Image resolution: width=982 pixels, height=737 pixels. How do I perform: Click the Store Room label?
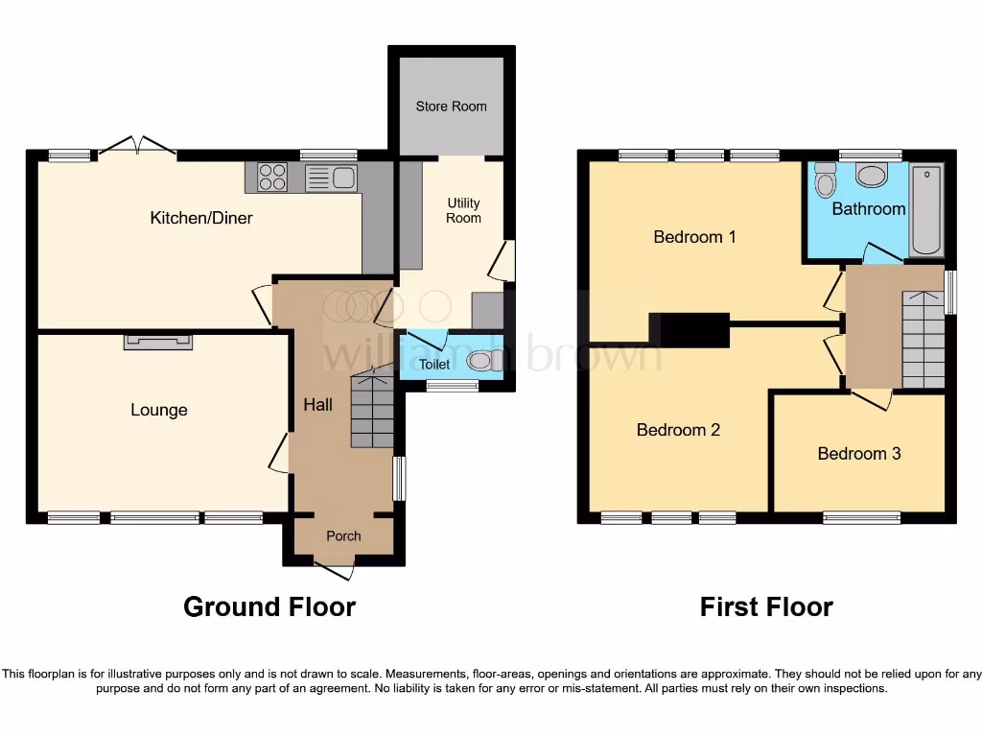[451, 107]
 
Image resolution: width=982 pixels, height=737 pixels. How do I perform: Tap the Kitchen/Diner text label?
[201, 218]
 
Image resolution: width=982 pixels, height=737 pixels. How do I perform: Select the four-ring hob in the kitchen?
[272, 178]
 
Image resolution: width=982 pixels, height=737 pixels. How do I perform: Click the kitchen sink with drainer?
[331, 178]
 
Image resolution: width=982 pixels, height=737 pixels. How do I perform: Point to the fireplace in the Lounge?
[157, 340]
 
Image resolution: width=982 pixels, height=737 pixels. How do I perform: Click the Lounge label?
[159, 411]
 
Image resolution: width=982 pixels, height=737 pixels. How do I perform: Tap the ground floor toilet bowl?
[480, 361]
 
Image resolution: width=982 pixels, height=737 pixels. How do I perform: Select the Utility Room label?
[463, 210]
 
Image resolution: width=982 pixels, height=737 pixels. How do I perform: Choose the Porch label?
[343, 535]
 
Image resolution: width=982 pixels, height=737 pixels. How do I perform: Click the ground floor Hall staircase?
[371, 413]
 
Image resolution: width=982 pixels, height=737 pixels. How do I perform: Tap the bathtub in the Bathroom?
[926, 211]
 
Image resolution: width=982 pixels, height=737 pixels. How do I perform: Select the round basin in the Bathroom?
[872, 176]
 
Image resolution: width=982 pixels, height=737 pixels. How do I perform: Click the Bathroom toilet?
[824, 179]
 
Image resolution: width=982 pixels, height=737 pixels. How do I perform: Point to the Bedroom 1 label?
[694, 237]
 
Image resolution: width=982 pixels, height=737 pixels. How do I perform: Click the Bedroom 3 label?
[858, 454]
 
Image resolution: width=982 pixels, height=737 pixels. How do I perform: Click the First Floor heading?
[765, 607]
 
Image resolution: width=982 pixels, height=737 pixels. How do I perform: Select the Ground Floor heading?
[269, 607]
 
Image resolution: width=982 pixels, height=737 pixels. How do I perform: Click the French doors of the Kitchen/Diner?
[136, 146]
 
